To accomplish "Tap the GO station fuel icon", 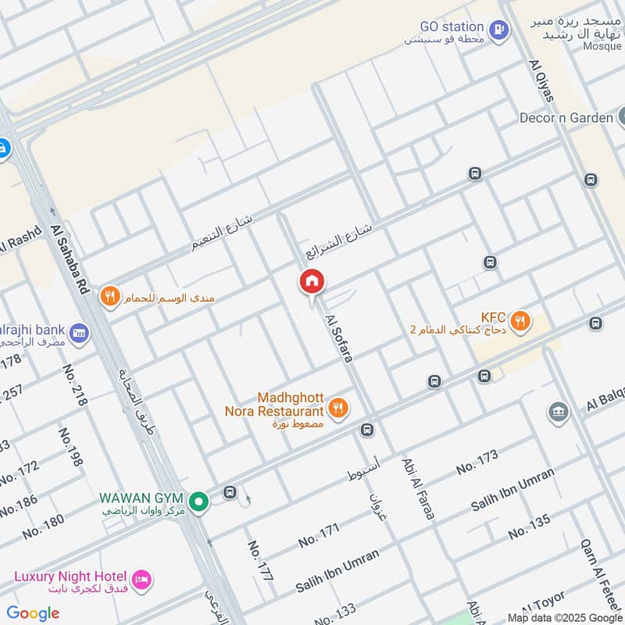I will (498, 30).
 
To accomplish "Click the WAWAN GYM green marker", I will (199, 501).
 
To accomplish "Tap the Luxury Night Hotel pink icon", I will (141, 579).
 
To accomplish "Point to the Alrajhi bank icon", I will (78, 334).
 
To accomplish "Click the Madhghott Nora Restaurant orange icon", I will (337, 407).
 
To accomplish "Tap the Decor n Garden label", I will (566, 118).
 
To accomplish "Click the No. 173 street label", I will (477, 462).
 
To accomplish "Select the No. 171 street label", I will (319, 536).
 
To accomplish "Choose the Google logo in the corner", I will (33, 612).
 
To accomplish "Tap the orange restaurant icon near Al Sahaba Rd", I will (109, 297).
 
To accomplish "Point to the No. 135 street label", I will (530, 528).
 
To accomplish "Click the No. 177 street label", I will (260, 561).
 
